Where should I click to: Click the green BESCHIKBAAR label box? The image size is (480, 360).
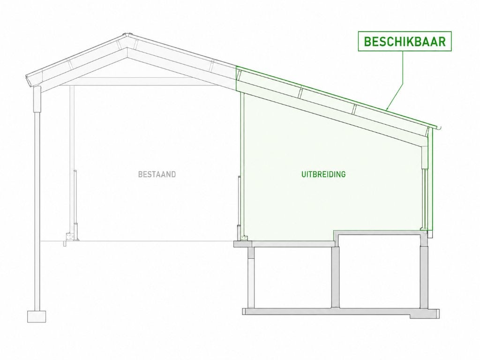pos(405,41)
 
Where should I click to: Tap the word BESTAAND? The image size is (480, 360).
pos(157,174)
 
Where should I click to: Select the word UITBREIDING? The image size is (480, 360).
pos(323,174)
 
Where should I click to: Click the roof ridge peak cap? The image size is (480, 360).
pos(127,34)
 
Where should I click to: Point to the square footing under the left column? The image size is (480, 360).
pos(37,316)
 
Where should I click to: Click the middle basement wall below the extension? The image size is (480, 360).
pos(336,272)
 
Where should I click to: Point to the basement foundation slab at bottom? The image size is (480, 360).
pos(341,312)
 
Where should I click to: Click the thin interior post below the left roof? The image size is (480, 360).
pos(72,159)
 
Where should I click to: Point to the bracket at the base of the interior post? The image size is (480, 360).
pos(71,238)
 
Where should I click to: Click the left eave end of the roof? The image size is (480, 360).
pos(30,81)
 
